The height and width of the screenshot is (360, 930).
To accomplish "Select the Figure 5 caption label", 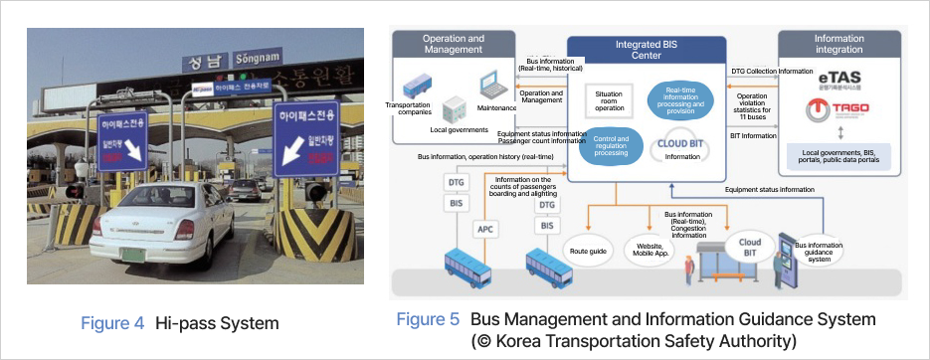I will pos(428,319).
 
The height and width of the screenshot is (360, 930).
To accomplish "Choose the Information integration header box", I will pos(839,45).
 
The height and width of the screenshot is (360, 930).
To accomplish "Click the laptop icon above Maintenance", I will pos(489,87).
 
